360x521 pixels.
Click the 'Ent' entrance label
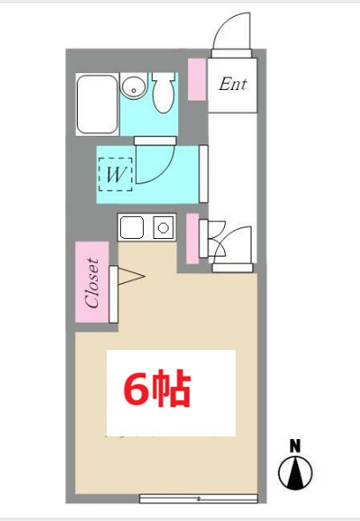pyautogui.click(x=233, y=86)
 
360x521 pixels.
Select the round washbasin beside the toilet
pyautogui.click(x=132, y=87)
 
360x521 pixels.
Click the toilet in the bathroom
pyautogui.click(x=163, y=92)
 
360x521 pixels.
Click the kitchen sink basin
pyautogui.click(x=132, y=228)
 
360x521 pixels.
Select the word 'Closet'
pyautogui.click(x=93, y=282)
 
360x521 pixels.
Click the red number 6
pyautogui.click(x=139, y=390)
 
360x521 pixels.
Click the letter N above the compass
pyautogui.click(x=296, y=445)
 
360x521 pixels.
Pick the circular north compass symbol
pyautogui.click(x=296, y=473)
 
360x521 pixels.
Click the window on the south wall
pyautogui.click(x=199, y=498)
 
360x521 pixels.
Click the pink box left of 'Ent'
pyautogui.click(x=197, y=78)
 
